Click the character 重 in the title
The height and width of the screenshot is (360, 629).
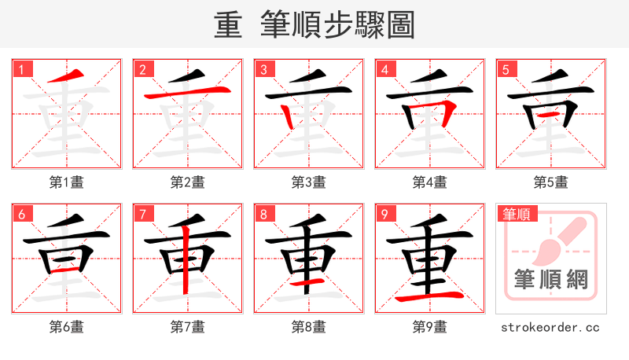tap(228, 24)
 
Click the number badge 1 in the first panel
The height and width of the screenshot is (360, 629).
tap(21, 69)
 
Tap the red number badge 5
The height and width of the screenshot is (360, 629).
tap(506, 69)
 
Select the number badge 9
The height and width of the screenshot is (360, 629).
tap(384, 214)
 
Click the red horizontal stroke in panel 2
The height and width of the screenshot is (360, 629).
tap(187, 94)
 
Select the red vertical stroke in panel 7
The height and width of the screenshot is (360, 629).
tap(186, 259)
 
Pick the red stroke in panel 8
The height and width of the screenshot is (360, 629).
tap(309, 281)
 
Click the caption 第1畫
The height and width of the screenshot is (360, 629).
tap(66, 182)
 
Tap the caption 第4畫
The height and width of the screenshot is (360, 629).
tap(429, 182)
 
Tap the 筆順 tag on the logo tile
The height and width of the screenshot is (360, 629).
tap(515, 214)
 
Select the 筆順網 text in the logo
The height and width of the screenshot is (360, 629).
tap(550, 279)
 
